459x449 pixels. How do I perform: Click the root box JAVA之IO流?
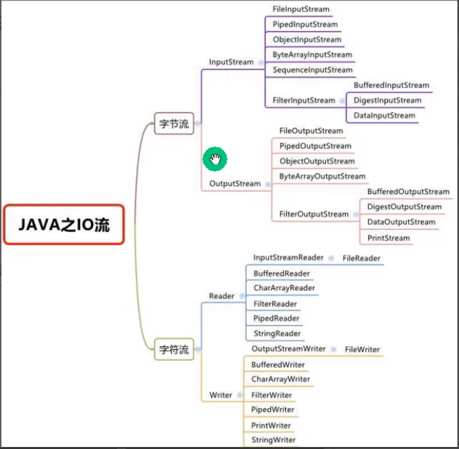coord(63,224)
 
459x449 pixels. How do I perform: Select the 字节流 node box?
coord(174,124)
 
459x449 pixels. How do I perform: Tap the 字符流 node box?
coord(174,350)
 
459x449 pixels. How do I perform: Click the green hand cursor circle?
coord(215,160)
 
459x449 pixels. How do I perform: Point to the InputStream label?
coord(232,62)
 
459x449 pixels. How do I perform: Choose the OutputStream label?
coord(235,184)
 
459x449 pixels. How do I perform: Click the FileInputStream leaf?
coord(301,10)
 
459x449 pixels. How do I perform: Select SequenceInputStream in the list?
coord(312,70)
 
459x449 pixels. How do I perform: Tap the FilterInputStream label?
coord(304,101)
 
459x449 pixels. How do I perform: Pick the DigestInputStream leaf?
coord(387,101)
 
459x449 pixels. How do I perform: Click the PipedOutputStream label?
coord(315,146)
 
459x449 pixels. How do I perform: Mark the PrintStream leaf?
coord(389,238)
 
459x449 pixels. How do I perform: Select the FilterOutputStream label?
coord(314,214)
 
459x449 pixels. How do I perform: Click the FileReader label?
coord(362,259)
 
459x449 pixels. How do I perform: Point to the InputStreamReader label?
coord(288,258)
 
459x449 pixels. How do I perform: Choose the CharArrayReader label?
coord(284,289)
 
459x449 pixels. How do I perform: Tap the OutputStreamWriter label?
coord(289,349)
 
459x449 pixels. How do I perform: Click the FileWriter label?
coord(363,350)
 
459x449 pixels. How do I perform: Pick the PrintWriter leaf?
coord(272,426)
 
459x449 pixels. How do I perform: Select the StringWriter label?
coord(274,440)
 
